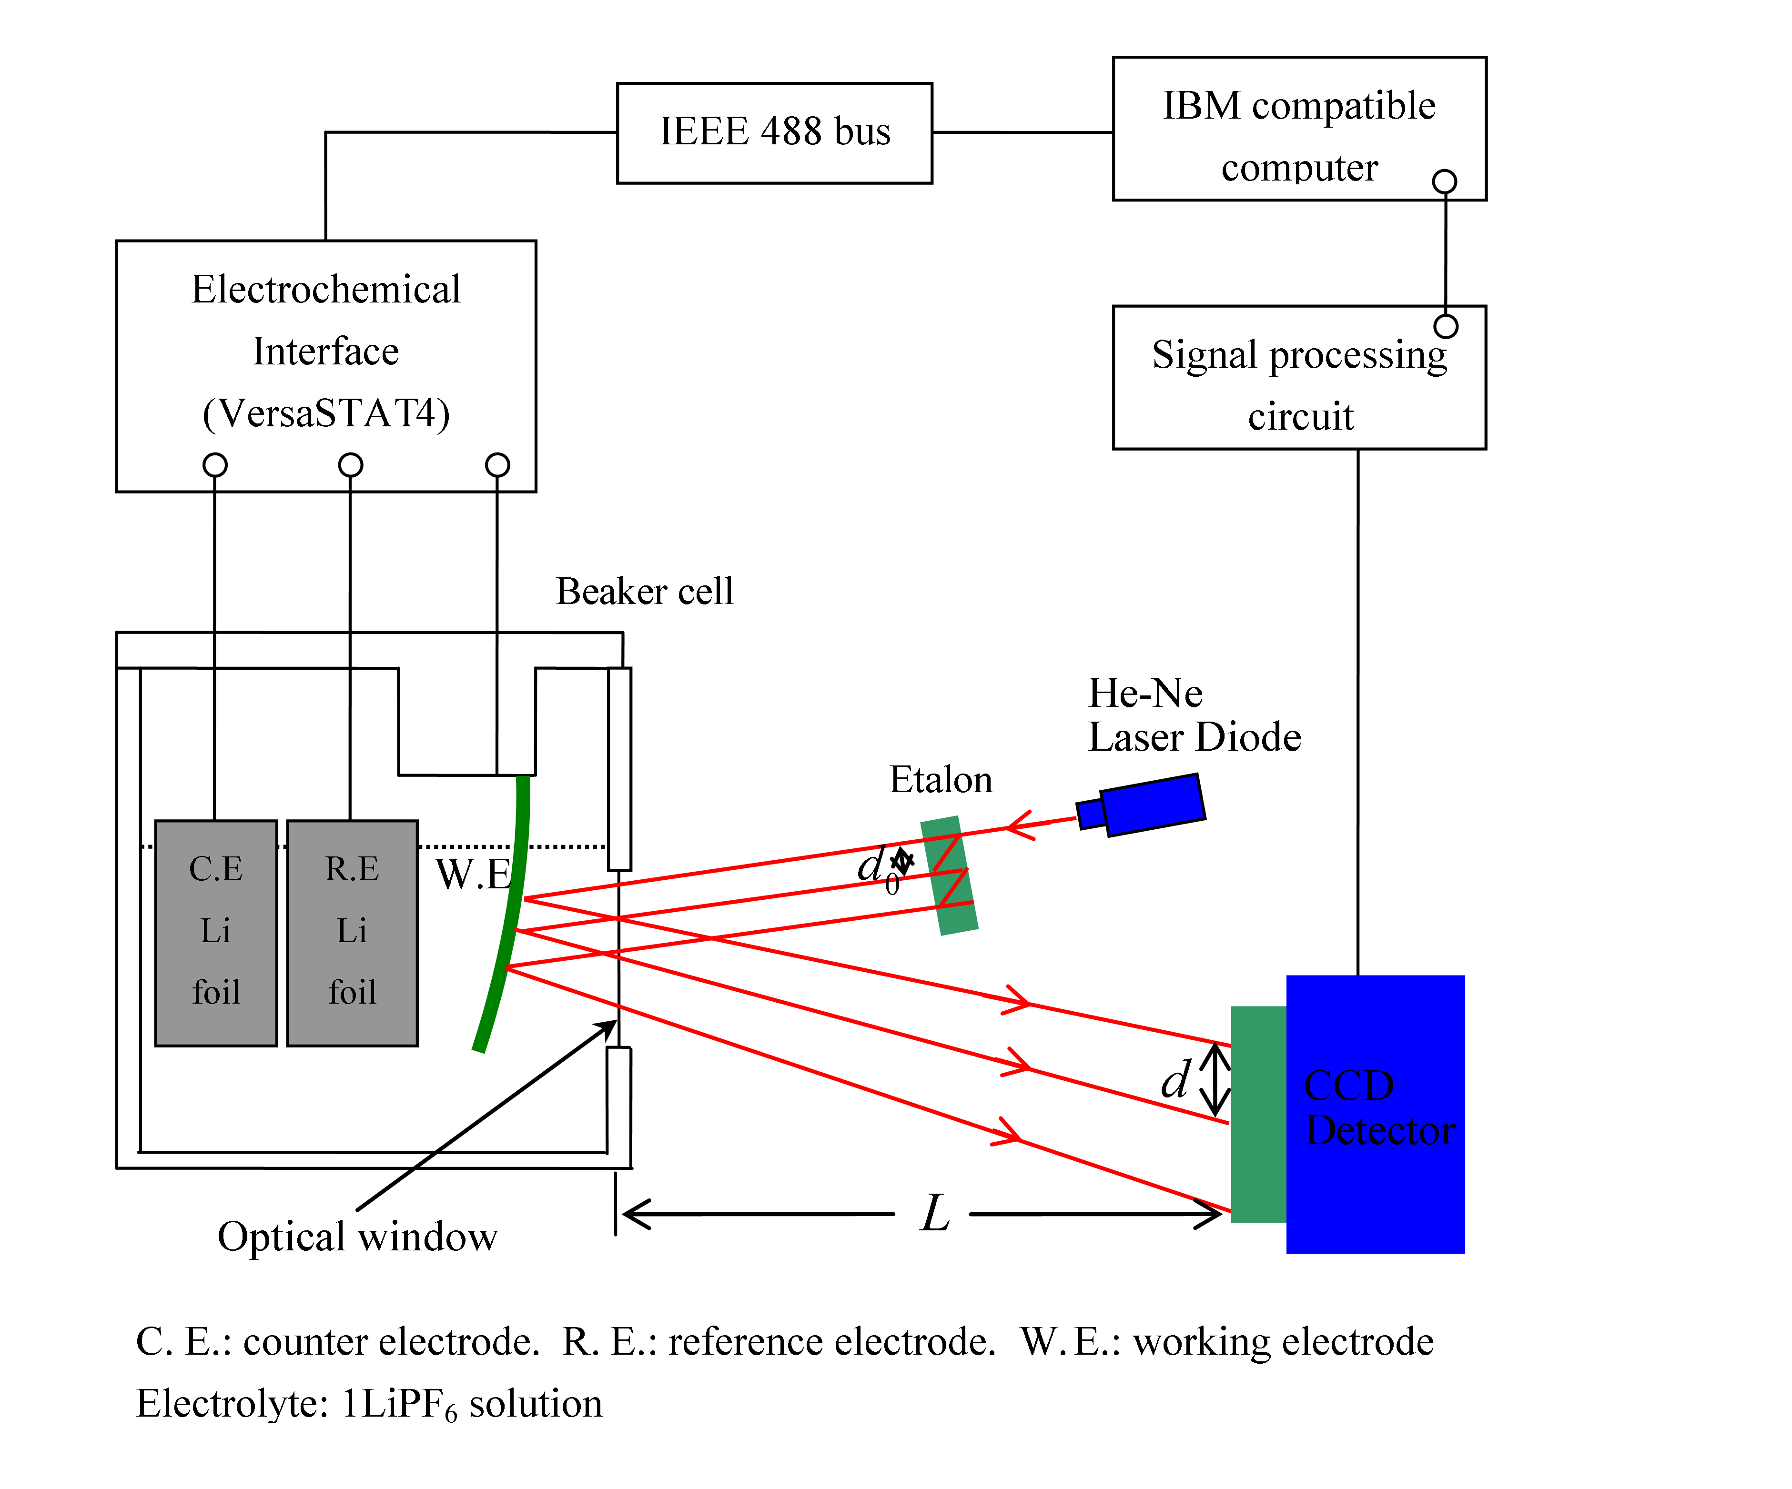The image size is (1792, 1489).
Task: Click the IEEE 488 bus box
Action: point(774,133)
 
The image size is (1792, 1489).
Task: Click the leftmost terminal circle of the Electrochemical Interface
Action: point(215,465)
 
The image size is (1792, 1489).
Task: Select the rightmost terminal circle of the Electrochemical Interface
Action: point(497,465)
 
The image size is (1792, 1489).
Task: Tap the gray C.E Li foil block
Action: point(216,933)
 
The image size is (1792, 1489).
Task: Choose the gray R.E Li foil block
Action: point(353,933)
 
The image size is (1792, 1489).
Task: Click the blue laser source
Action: point(1152,804)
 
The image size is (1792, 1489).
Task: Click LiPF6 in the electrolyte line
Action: point(408,1404)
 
